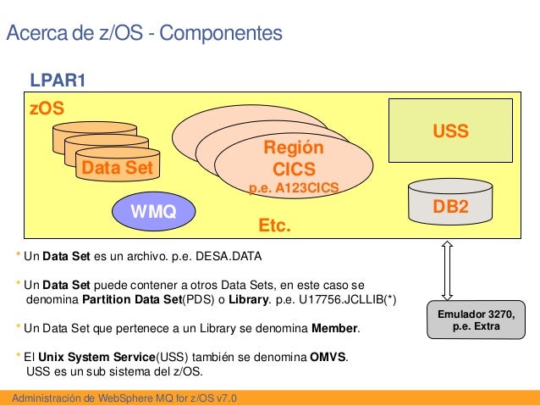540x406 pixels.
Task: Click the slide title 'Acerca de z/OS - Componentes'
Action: click(x=144, y=34)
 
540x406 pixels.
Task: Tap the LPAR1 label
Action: click(x=58, y=81)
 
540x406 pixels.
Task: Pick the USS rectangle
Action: click(x=450, y=132)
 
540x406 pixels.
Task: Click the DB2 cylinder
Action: click(x=450, y=205)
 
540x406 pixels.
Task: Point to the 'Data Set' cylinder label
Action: click(x=117, y=168)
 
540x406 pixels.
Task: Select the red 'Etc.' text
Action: click(x=274, y=226)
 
